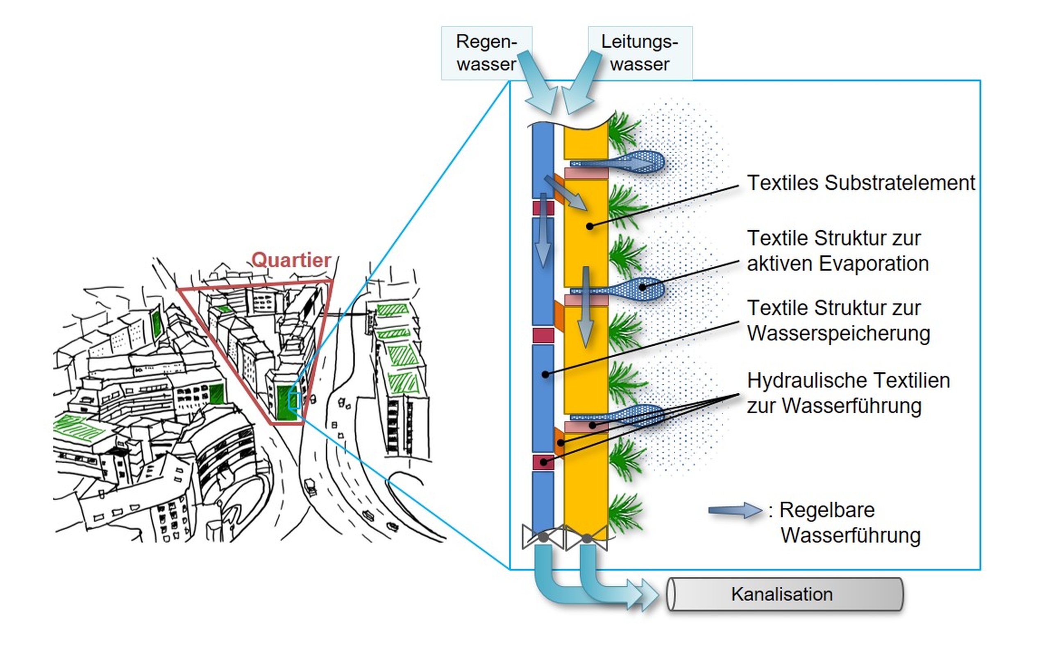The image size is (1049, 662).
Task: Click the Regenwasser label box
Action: point(486,53)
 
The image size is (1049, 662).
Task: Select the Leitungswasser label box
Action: point(640,53)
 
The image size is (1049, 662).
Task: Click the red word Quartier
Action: point(291,260)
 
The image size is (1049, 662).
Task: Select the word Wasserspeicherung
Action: point(839,333)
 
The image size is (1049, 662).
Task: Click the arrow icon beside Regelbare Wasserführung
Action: point(734,510)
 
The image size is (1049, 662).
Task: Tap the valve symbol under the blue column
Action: point(543,537)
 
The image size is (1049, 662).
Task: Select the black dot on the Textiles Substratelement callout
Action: point(589,226)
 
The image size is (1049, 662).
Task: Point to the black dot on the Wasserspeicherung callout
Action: point(545,374)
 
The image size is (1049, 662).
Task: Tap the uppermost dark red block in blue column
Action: point(543,208)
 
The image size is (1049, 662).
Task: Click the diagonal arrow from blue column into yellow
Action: point(565,193)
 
